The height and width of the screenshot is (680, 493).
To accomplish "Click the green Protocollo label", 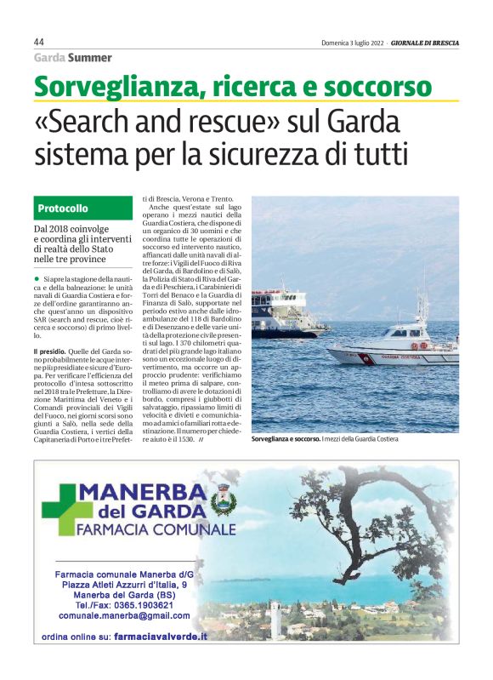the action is point(62,209).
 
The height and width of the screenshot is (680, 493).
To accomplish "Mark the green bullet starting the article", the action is point(37,278).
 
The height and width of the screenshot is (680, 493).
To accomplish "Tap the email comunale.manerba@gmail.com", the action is point(125,614).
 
